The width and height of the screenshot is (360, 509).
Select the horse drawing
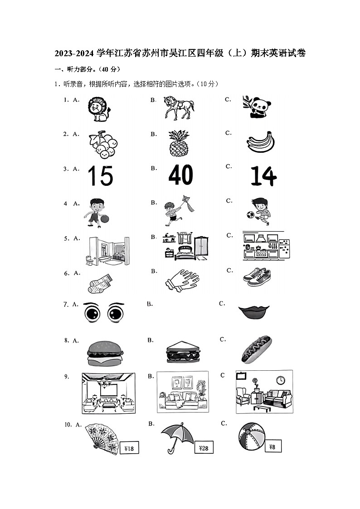pos(179,107)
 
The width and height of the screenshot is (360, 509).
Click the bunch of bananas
pos(261,142)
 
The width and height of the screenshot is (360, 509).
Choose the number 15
pos(100,176)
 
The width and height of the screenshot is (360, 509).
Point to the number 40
pos(180,175)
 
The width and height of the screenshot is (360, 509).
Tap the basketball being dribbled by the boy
pos(105,219)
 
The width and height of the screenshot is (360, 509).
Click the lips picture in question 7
pos(254,312)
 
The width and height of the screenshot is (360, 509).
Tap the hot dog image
pos(256,351)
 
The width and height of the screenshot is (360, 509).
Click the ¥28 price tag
pos(204,448)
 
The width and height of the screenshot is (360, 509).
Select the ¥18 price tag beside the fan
pos(128,449)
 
